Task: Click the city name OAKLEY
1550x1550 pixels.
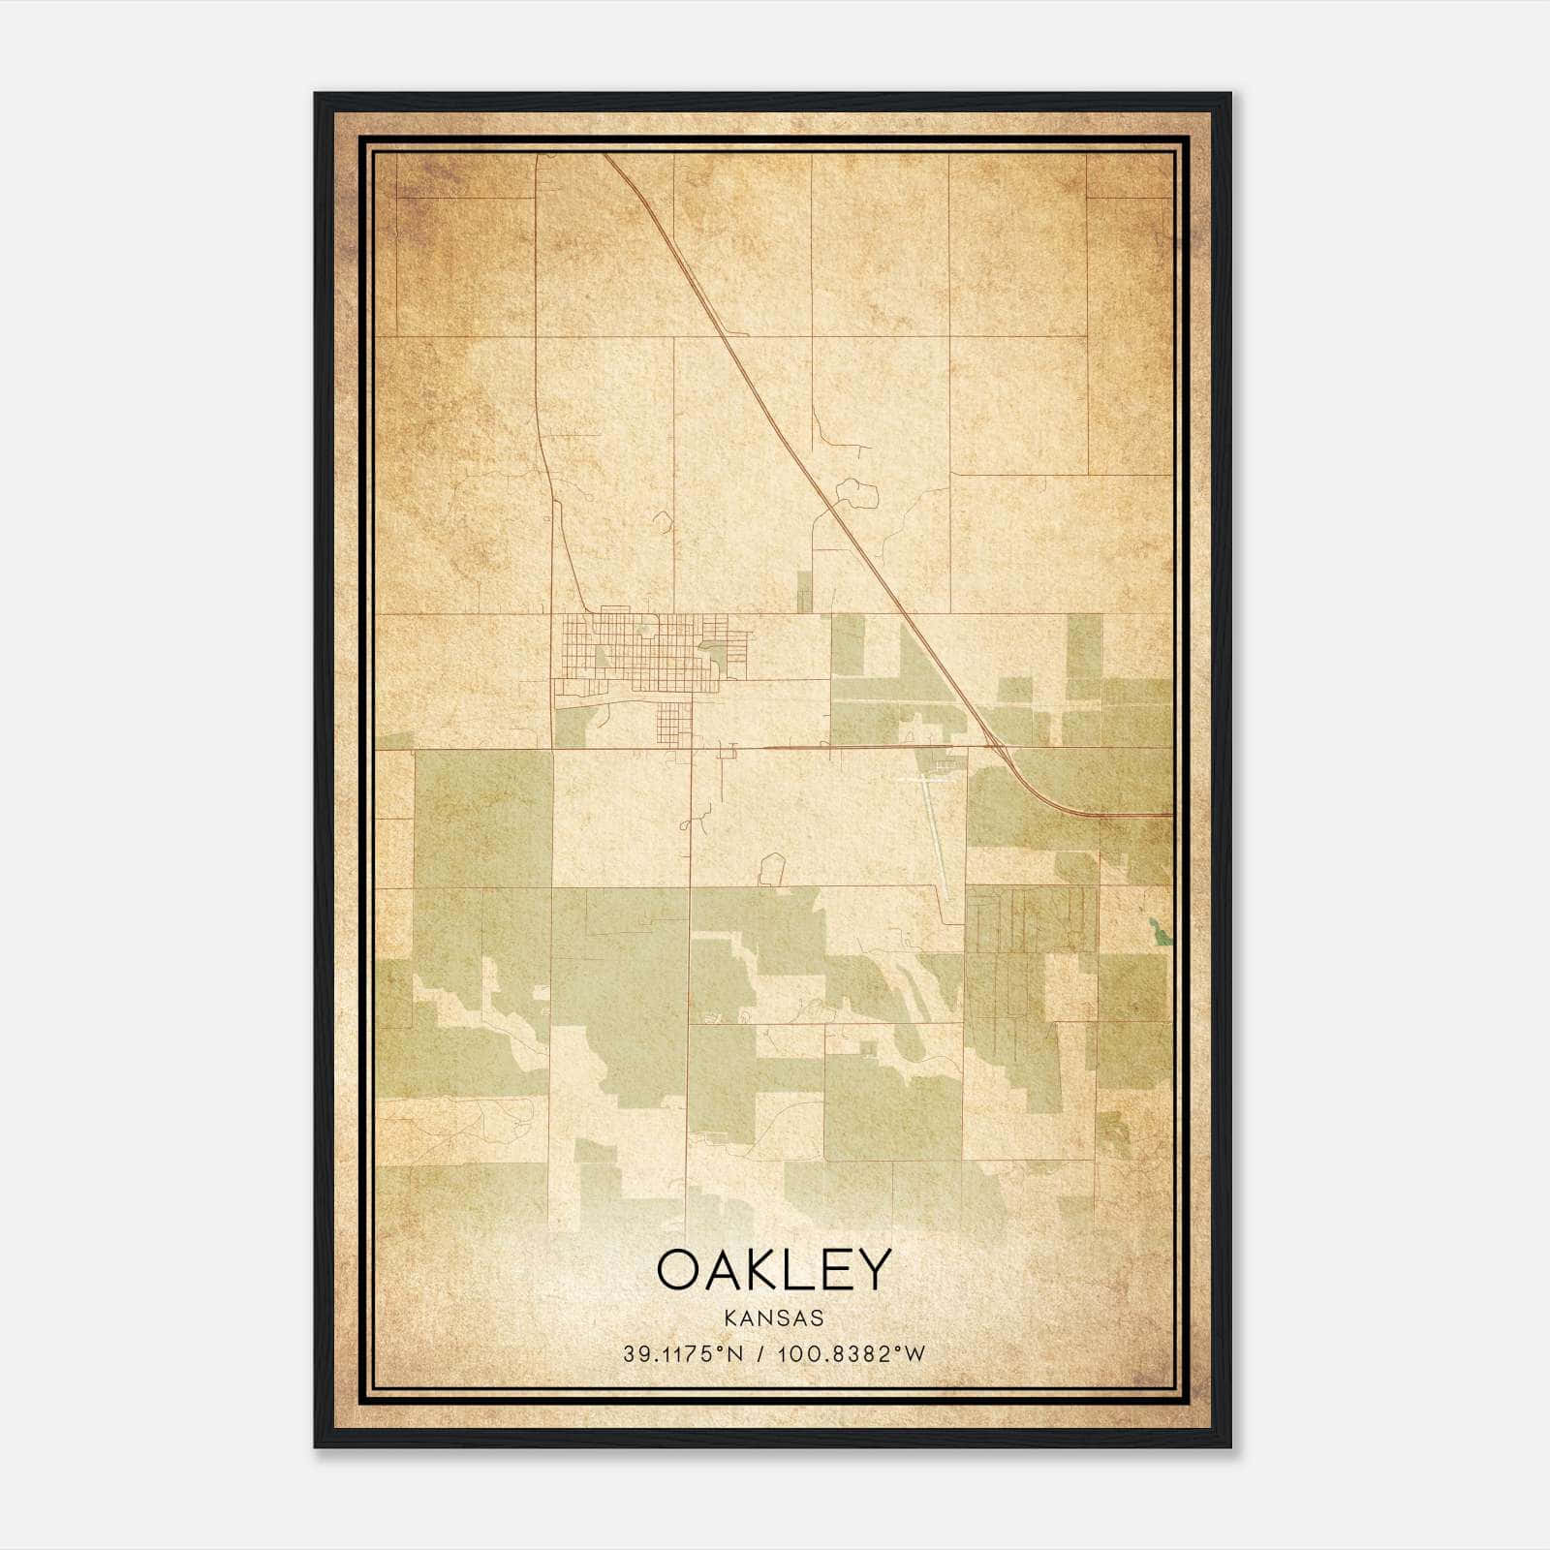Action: pyautogui.click(x=773, y=1270)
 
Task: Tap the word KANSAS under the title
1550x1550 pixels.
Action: pyautogui.click(x=774, y=1318)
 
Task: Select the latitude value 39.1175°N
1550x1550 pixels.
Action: pyautogui.click(x=683, y=1354)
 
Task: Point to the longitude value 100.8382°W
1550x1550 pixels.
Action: pyautogui.click(x=850, y=1354)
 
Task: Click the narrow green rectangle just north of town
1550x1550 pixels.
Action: pyautogui.click(x=803, y=591)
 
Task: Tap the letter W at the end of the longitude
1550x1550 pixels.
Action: pyautogui.click(x=915, y=1354)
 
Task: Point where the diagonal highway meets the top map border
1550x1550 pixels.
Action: pyautogui.click(x=606, y=155)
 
